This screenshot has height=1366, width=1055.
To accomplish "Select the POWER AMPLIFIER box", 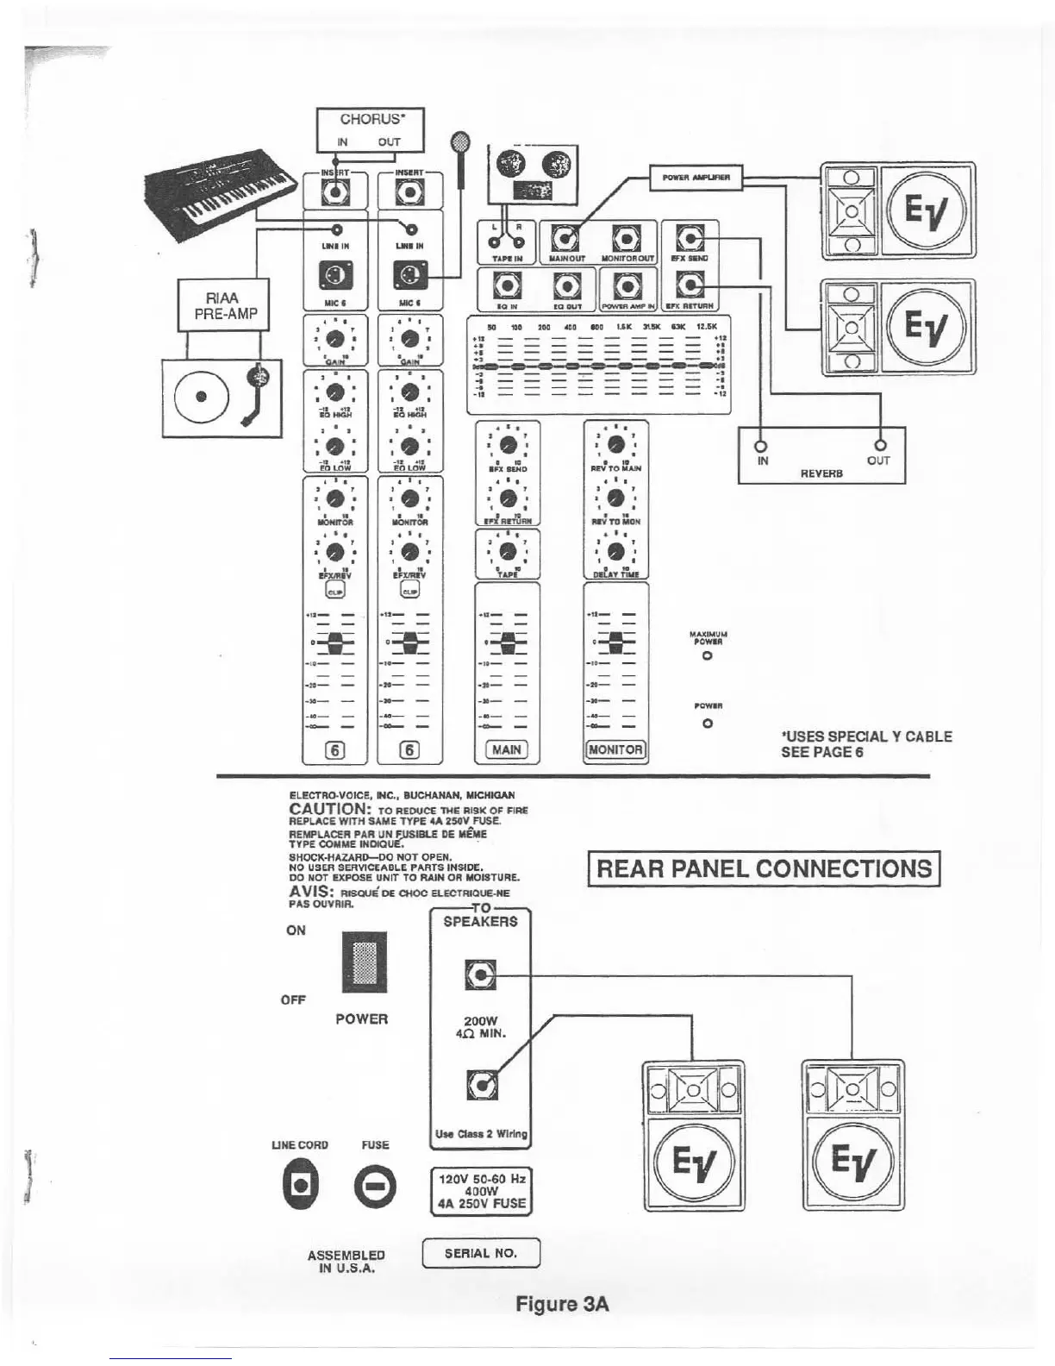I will pos(696,178).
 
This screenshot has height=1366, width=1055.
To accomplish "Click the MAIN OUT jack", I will pos(565,237).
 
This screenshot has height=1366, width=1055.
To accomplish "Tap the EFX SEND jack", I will pos(691,236).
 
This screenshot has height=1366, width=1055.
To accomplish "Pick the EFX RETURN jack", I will pos(691,283).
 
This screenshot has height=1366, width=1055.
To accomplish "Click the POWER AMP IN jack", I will pos(628,285).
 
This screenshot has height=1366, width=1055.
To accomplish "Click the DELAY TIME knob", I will pos(615,551).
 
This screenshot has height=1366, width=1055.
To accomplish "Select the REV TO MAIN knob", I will pos(615,444).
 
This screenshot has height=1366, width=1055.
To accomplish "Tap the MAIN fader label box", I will pos(507,749).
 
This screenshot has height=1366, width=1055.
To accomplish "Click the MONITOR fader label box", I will pos(615,749).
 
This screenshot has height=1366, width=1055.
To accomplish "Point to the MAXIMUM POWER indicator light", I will pos(707,656).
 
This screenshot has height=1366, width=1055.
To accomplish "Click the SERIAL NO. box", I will pos(481,1253).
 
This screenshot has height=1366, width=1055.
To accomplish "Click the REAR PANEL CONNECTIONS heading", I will pos(764,868).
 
